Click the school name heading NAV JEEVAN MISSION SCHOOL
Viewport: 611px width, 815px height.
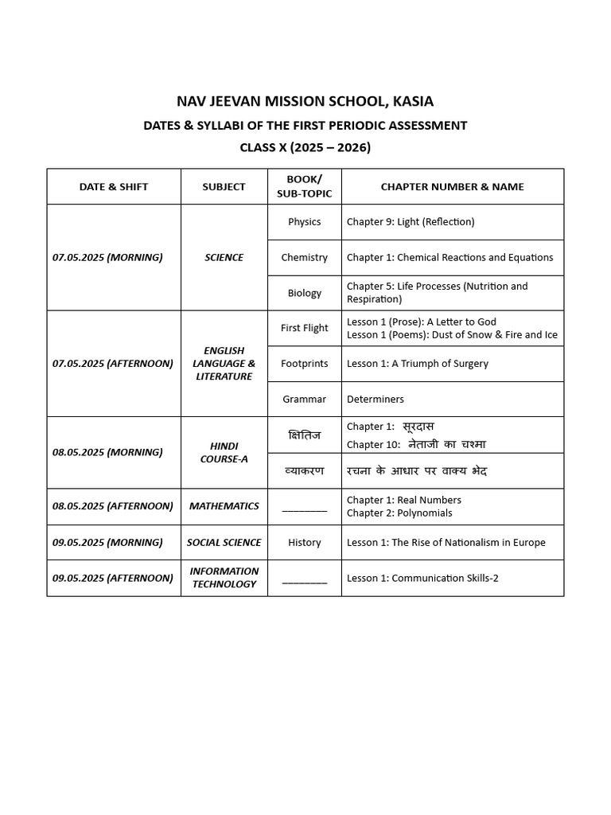click(305, 101)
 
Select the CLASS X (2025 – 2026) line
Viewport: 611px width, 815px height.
click(305, 147)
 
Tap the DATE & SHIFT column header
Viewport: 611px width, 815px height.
click(114, 187)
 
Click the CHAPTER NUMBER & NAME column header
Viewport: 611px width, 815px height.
click(452, 187)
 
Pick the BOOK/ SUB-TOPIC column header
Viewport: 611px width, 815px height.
click(305, 187)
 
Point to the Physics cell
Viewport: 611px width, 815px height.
click(305, 222)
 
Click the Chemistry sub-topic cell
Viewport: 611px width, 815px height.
click(305, 258)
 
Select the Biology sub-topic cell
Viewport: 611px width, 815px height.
click(305, 293)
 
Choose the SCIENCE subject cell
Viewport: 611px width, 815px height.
click(224, 258)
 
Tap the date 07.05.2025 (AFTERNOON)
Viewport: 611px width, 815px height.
click(113, 364)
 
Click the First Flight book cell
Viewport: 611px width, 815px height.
click(305, 328)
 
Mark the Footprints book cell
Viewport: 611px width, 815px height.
click(305, 364)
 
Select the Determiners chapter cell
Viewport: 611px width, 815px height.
click(376, 400)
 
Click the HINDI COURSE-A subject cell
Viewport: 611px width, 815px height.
click(224, 453)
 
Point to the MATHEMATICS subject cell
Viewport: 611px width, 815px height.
click(224, 506)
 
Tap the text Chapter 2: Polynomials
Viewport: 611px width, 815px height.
click(399, 513)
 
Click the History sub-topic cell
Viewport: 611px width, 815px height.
click(305, 543)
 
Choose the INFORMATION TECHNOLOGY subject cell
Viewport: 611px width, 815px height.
click(224, 578)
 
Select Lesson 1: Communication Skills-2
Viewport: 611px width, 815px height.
click(422, 579)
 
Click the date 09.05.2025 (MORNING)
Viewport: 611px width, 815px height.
click(107, 543)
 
